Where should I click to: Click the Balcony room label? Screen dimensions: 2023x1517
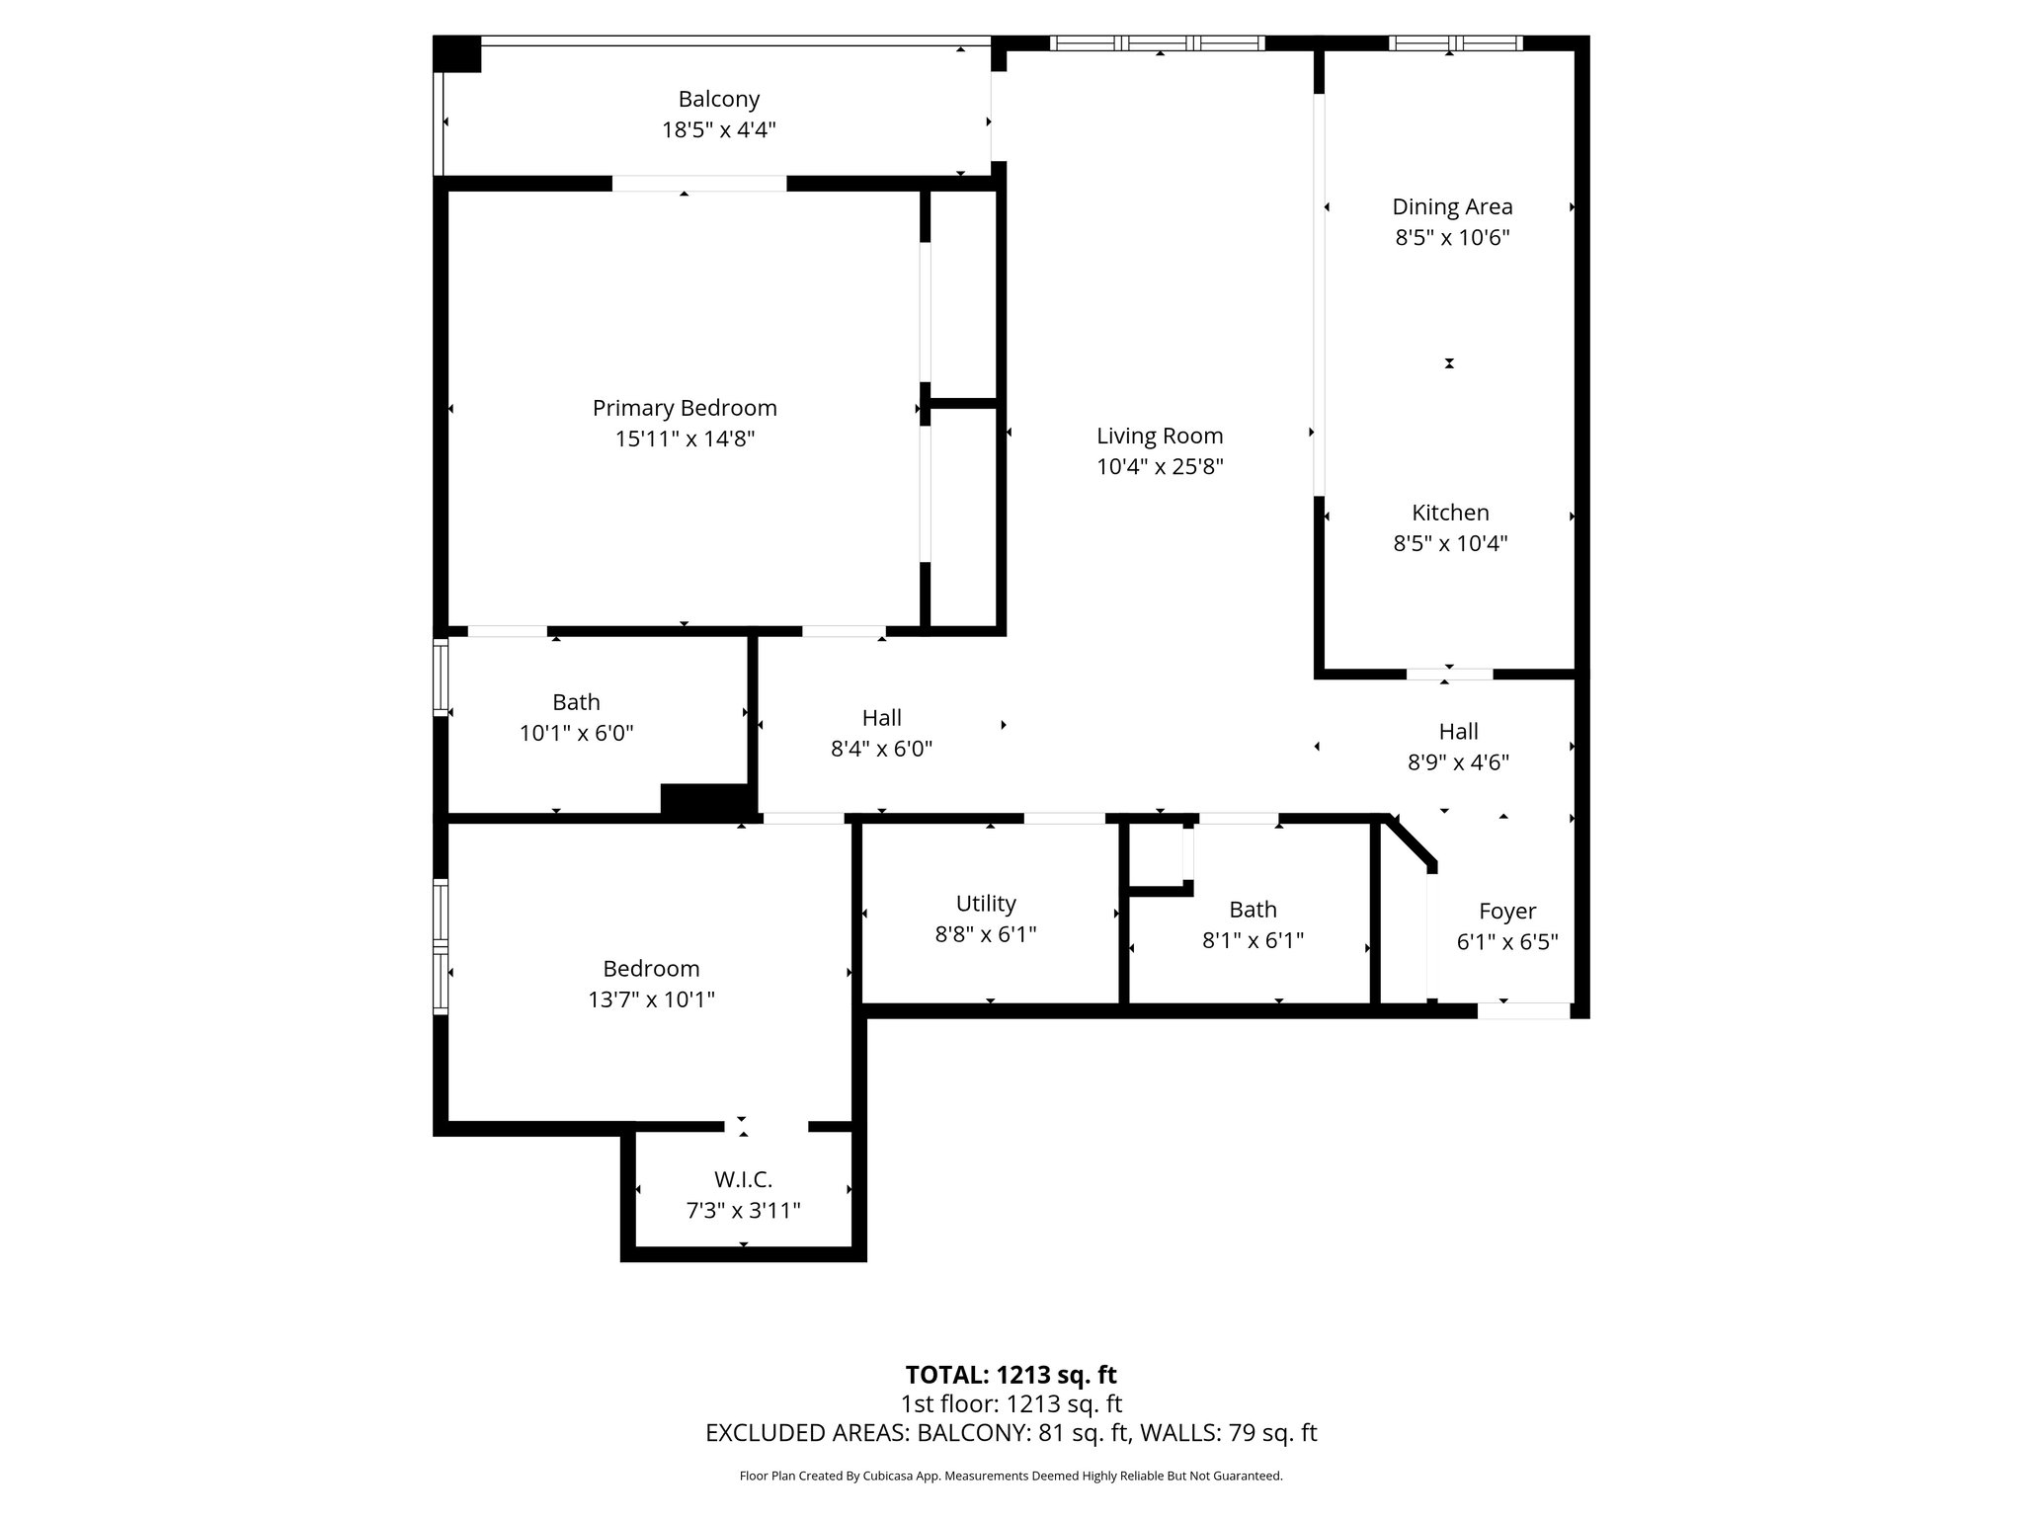pos(718,99)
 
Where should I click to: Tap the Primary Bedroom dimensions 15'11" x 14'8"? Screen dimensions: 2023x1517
pos(685,439)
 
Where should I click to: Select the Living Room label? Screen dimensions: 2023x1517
pos(1160,436)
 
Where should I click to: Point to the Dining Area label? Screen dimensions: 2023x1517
pos(1452,206)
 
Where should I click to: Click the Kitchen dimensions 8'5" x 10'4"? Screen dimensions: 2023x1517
pos(1450,543)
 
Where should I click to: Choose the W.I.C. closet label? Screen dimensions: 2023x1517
pos(743,1179)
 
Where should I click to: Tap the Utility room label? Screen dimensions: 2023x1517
pos(986,904)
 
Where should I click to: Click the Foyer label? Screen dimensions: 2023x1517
pos(1507,912)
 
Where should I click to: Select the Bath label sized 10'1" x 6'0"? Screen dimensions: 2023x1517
pos(576,702)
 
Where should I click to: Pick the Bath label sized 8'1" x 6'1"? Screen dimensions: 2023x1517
pos(1253,910)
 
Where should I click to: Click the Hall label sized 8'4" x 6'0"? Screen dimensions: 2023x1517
pos(881,718)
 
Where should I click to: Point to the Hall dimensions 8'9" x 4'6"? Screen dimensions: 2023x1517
pos(1458,762)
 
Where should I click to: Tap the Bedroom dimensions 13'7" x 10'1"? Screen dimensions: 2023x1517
pos(651,999)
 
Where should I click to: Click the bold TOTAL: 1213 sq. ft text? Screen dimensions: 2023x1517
pos(1011,1375)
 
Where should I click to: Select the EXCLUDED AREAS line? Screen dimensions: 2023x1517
pos(1011,1433)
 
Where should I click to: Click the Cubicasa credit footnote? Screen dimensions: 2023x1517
pos(1011,1477)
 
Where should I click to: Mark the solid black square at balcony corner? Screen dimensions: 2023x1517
pos(457,54)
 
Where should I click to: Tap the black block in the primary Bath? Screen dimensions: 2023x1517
pos(705,800)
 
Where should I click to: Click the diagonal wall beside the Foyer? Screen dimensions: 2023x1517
pos(1411,842)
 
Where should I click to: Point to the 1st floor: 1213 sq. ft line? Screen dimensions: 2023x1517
pos(1011,1403)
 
